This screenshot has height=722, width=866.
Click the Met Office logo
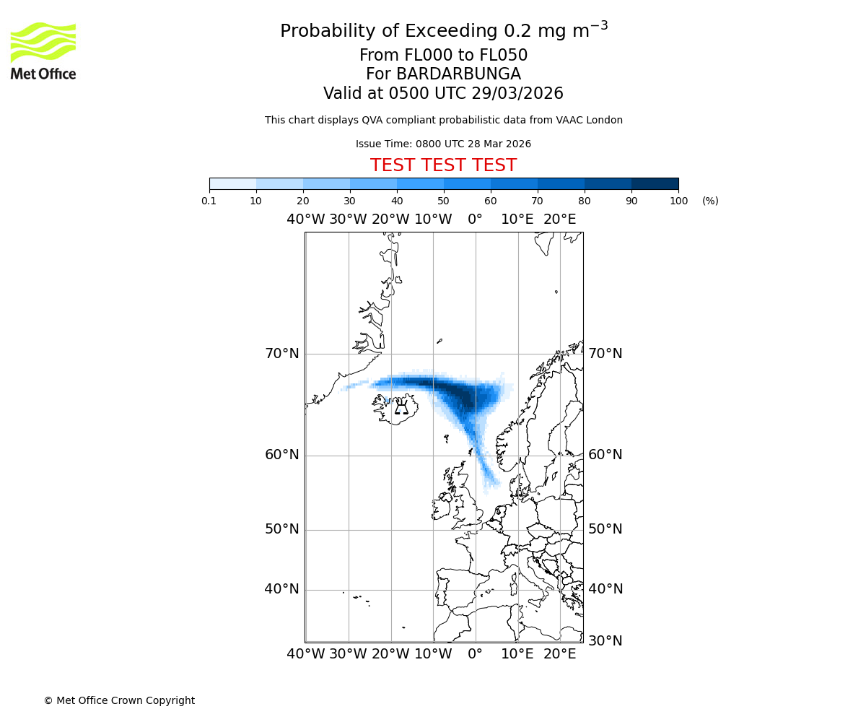(43, 51)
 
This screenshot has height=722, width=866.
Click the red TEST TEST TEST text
(443, 165)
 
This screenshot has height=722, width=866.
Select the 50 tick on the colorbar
(444, 201)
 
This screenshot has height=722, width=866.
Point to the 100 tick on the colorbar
(678, 201)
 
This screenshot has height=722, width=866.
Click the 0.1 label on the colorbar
(209, 201)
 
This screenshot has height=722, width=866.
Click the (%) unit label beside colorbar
(710, 201)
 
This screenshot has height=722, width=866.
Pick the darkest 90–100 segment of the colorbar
(655, 183)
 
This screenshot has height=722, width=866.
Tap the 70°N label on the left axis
(281, 354)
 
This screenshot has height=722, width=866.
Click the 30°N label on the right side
(605, 640)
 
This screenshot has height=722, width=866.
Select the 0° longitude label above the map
(475, 219)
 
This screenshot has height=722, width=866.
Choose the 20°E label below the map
(559, 654)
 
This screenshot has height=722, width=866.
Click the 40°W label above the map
(305, 219)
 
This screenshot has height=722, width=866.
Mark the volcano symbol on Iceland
(402, 408)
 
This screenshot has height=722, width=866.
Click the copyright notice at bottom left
(119, 700)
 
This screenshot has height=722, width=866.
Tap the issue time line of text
(443, 144)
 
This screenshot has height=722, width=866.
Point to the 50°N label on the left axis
(281, 529)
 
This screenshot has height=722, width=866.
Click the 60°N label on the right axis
(605, 455)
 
